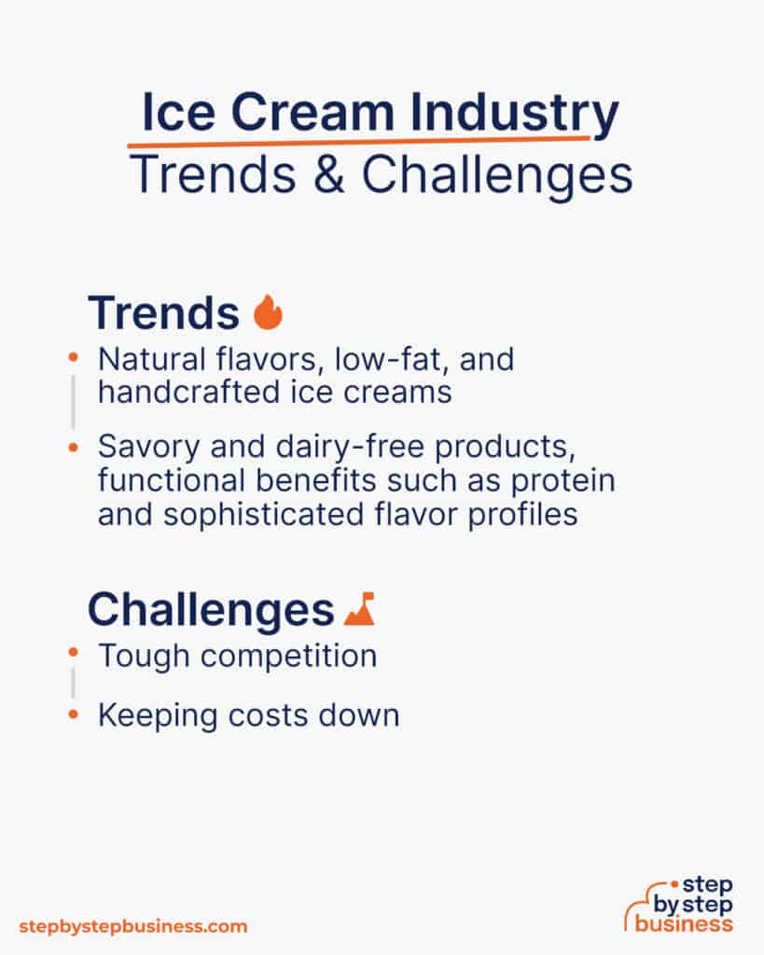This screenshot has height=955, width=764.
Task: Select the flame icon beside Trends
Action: point(268,313)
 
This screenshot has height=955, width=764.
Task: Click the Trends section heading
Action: point(163,313)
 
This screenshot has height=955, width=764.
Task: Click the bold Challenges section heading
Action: point(210,610)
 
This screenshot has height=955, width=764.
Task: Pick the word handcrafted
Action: point(177,392)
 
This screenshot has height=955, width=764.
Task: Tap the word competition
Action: point(288,656)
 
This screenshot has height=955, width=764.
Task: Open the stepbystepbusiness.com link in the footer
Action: point(133,926)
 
